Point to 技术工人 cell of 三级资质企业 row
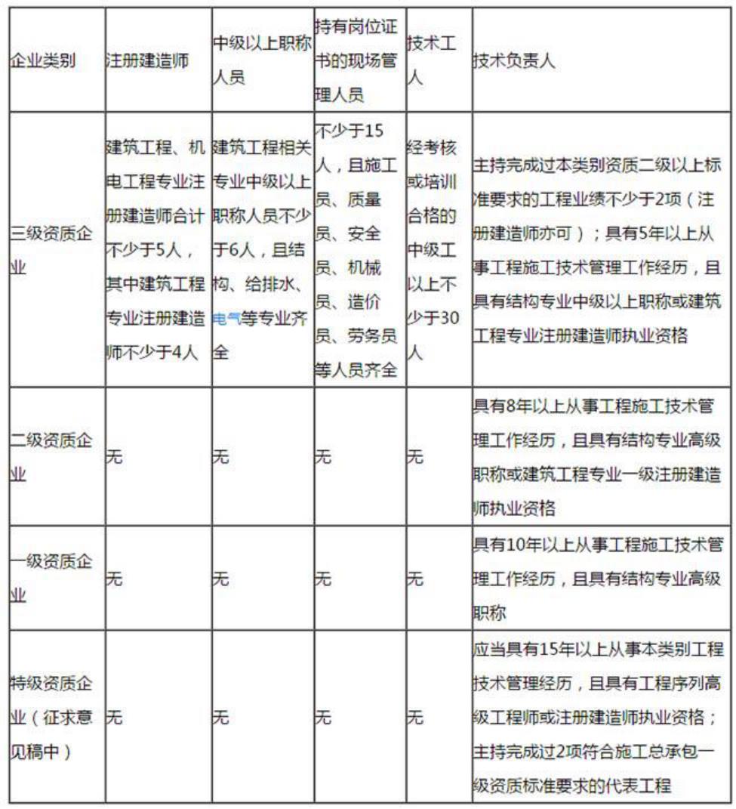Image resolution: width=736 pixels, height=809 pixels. point(434,249)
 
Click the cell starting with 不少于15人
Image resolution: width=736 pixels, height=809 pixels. point(356,249)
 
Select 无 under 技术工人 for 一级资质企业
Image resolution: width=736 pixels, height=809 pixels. point(414,579)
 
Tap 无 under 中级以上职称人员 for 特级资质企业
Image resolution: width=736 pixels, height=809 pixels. point(220,718)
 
